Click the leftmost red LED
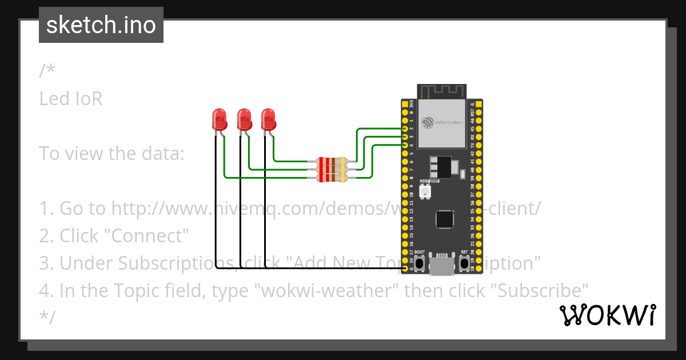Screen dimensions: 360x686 (x=218, y=119)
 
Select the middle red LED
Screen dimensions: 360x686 (x=244, y=119)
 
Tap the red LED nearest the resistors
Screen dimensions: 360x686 (x=268, y=119)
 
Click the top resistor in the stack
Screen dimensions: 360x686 (x=332, y=161)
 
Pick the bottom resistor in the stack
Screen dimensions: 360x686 (x=332, y=178)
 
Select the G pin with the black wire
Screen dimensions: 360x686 (x=405, y=268)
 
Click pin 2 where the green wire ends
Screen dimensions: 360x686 (x=405, y=129)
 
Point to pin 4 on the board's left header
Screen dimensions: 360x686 (x=405, y=145)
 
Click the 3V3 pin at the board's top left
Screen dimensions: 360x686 (x=405, y=105)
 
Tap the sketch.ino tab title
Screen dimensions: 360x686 (x=101, y=25)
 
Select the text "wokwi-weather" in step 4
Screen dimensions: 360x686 (x=329, y=291)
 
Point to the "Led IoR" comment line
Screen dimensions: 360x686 (x=71, y=99)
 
